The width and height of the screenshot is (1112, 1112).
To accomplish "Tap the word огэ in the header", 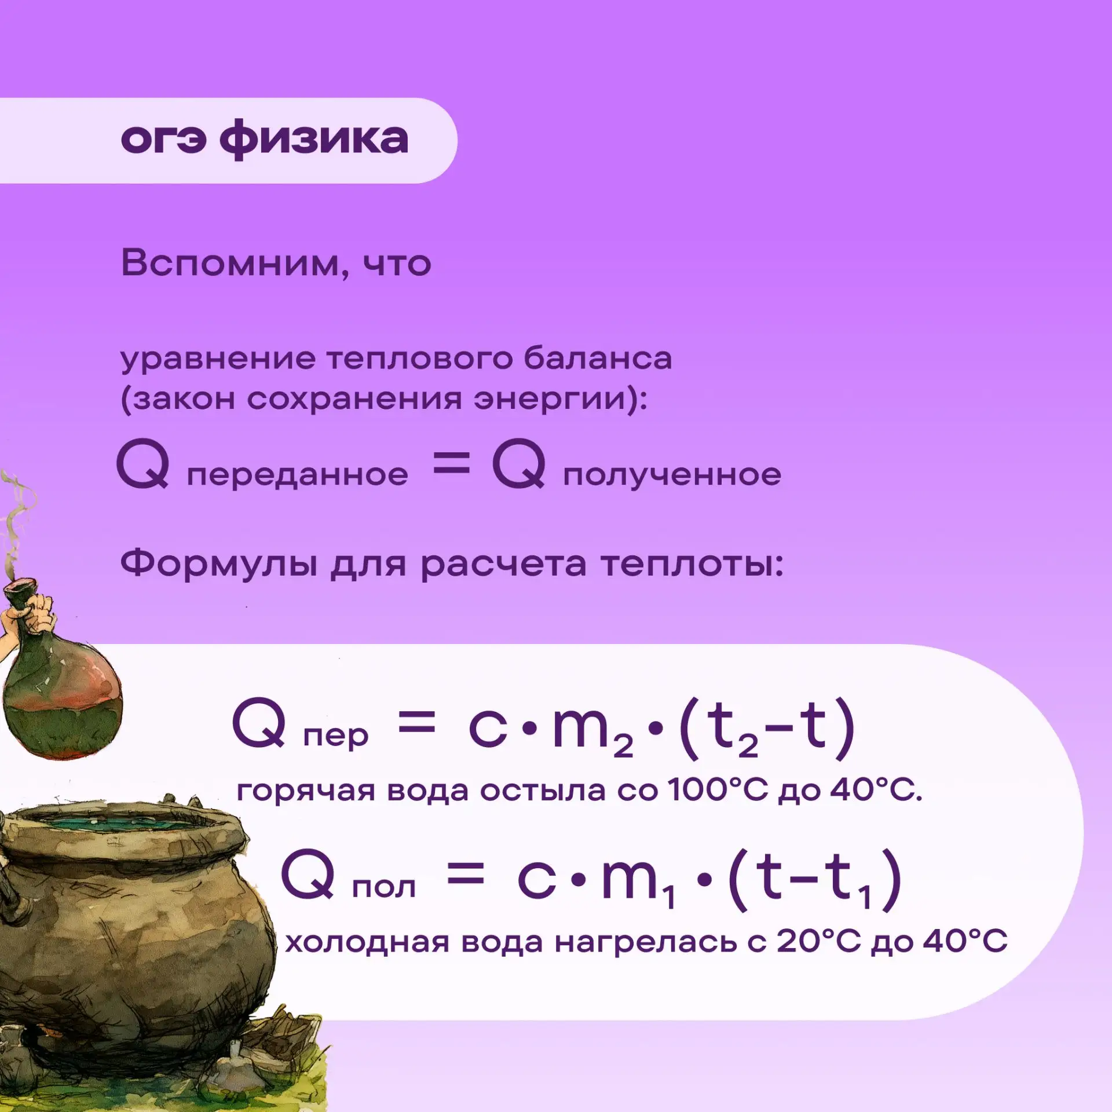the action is pyautogui.click(x=163, y=140).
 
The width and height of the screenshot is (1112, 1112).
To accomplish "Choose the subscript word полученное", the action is pyautogui.click(x=672, y=475).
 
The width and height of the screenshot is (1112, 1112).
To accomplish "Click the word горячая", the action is pyautogui.click(x=306, y=792).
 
